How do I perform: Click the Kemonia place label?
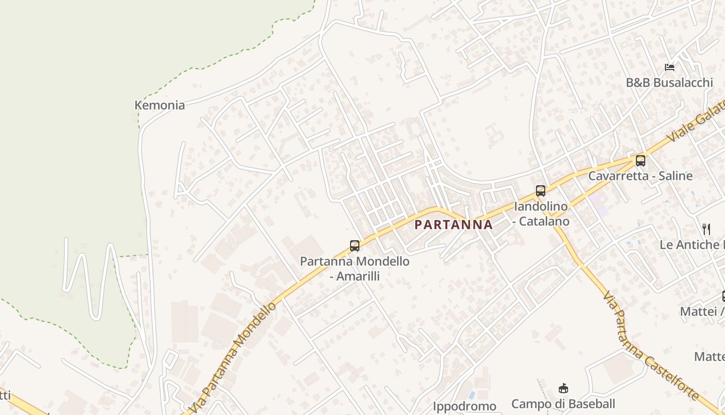tap(160, 105)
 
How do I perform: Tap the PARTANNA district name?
tap(454, 225)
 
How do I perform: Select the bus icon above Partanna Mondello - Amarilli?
tap(355, 246)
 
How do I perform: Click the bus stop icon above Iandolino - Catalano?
tap(541, 191)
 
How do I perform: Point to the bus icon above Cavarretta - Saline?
tap(641, 161)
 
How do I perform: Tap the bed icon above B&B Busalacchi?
tap(670, 67)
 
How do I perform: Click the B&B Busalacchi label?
tap(669, 82)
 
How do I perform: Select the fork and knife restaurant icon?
tap(706, 229)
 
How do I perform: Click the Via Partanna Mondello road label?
tap(233, 358)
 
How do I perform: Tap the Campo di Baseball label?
tap(563, 404)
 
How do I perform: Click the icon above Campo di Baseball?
tap(563, 388)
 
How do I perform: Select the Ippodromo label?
tap(465, 406)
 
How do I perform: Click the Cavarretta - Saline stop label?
tap(640, 176)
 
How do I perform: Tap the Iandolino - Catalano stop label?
tap(541, 214)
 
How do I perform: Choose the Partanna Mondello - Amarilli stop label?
tap(355, 268)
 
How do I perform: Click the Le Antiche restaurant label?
tap(692, 244)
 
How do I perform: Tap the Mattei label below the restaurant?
tap(702, 311)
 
